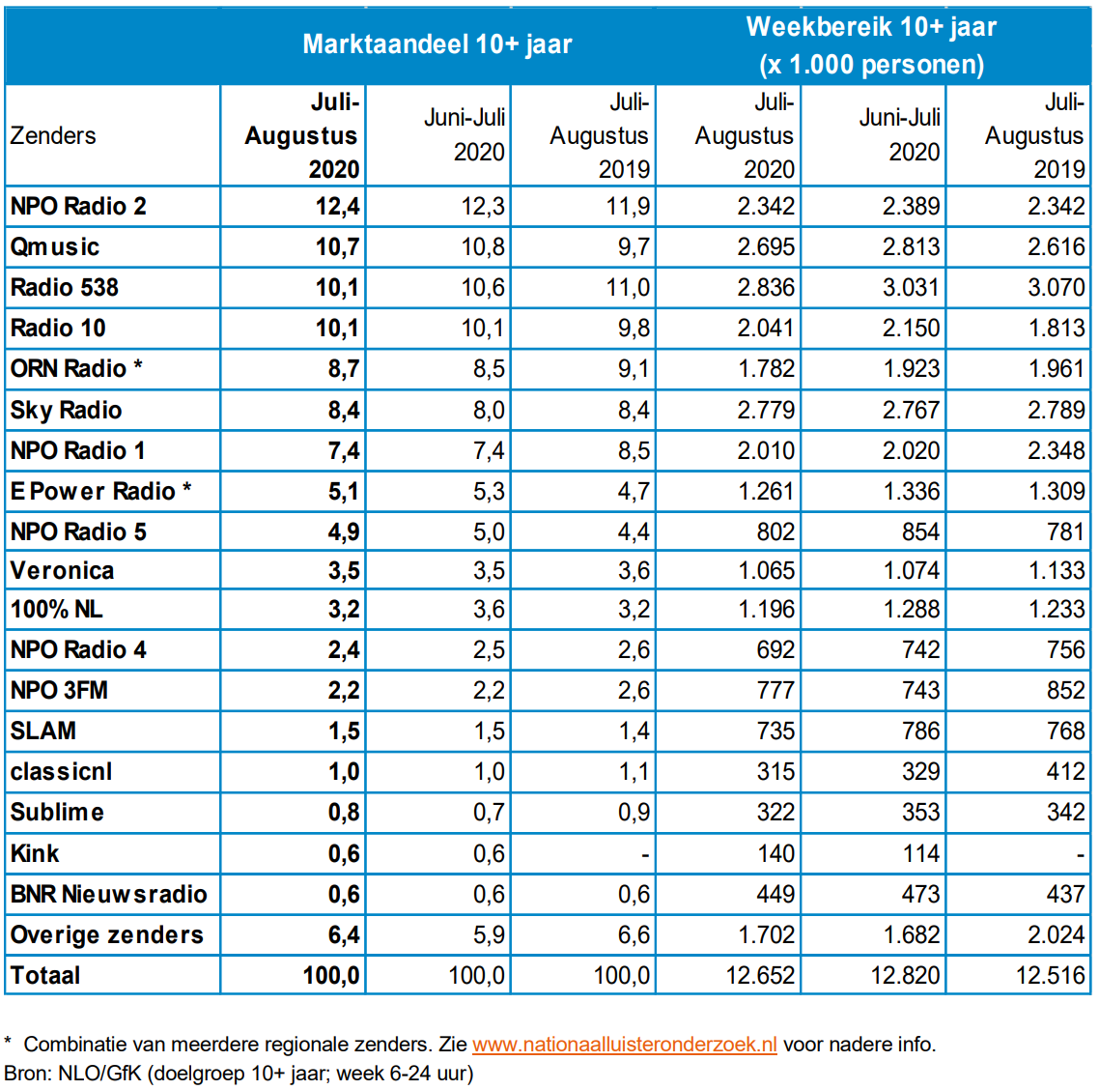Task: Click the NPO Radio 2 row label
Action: [x=78, y=207]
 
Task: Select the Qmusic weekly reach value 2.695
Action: [x=766, y=247]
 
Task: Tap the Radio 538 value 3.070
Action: [x=1056, y=288]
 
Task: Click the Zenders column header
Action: [x=53, y=136]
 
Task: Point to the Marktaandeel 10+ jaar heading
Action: [x=437, y=44]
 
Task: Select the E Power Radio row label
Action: [x=100, y=492]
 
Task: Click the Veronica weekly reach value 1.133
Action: [x=1056, y=571]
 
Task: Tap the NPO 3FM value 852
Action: [x=1065, y=691]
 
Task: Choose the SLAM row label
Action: [x=43, y=731]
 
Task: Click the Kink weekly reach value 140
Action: [x=775, y=854]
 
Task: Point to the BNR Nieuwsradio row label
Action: [x=108, y=895]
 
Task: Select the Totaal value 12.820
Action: [x=905, y=976]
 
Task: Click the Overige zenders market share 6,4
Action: [x=344, y=935]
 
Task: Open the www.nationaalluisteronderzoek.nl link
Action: [x=624, y=1045]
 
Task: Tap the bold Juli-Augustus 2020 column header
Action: [x=301, y=136]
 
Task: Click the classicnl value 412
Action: [x=1065, y=772]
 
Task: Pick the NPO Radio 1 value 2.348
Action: [x=1056, y=451]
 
